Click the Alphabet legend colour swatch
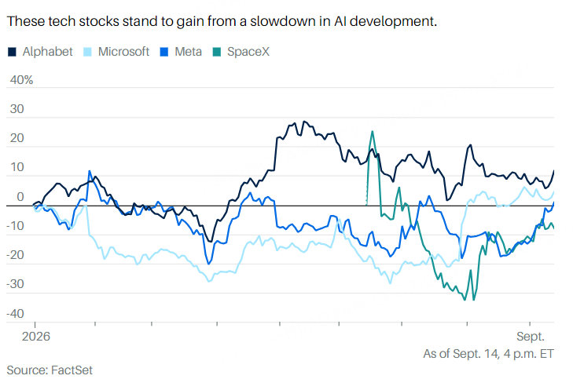click(12, 52)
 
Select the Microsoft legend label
click(123, 52)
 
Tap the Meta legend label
click(188, 52)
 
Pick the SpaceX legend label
click(248, 52)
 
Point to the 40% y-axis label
click(21, 80)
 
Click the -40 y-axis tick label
click(16, 313)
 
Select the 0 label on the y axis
click(20, 197)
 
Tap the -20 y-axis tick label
click(16, 255)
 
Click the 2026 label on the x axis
click(36, 336)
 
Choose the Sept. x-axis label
click(531, 336)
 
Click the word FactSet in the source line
click(72, 370)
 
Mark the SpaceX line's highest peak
click(372, 131)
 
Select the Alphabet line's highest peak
click(304, 122)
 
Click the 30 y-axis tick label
click(17, 109)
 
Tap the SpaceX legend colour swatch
click(217, 52)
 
